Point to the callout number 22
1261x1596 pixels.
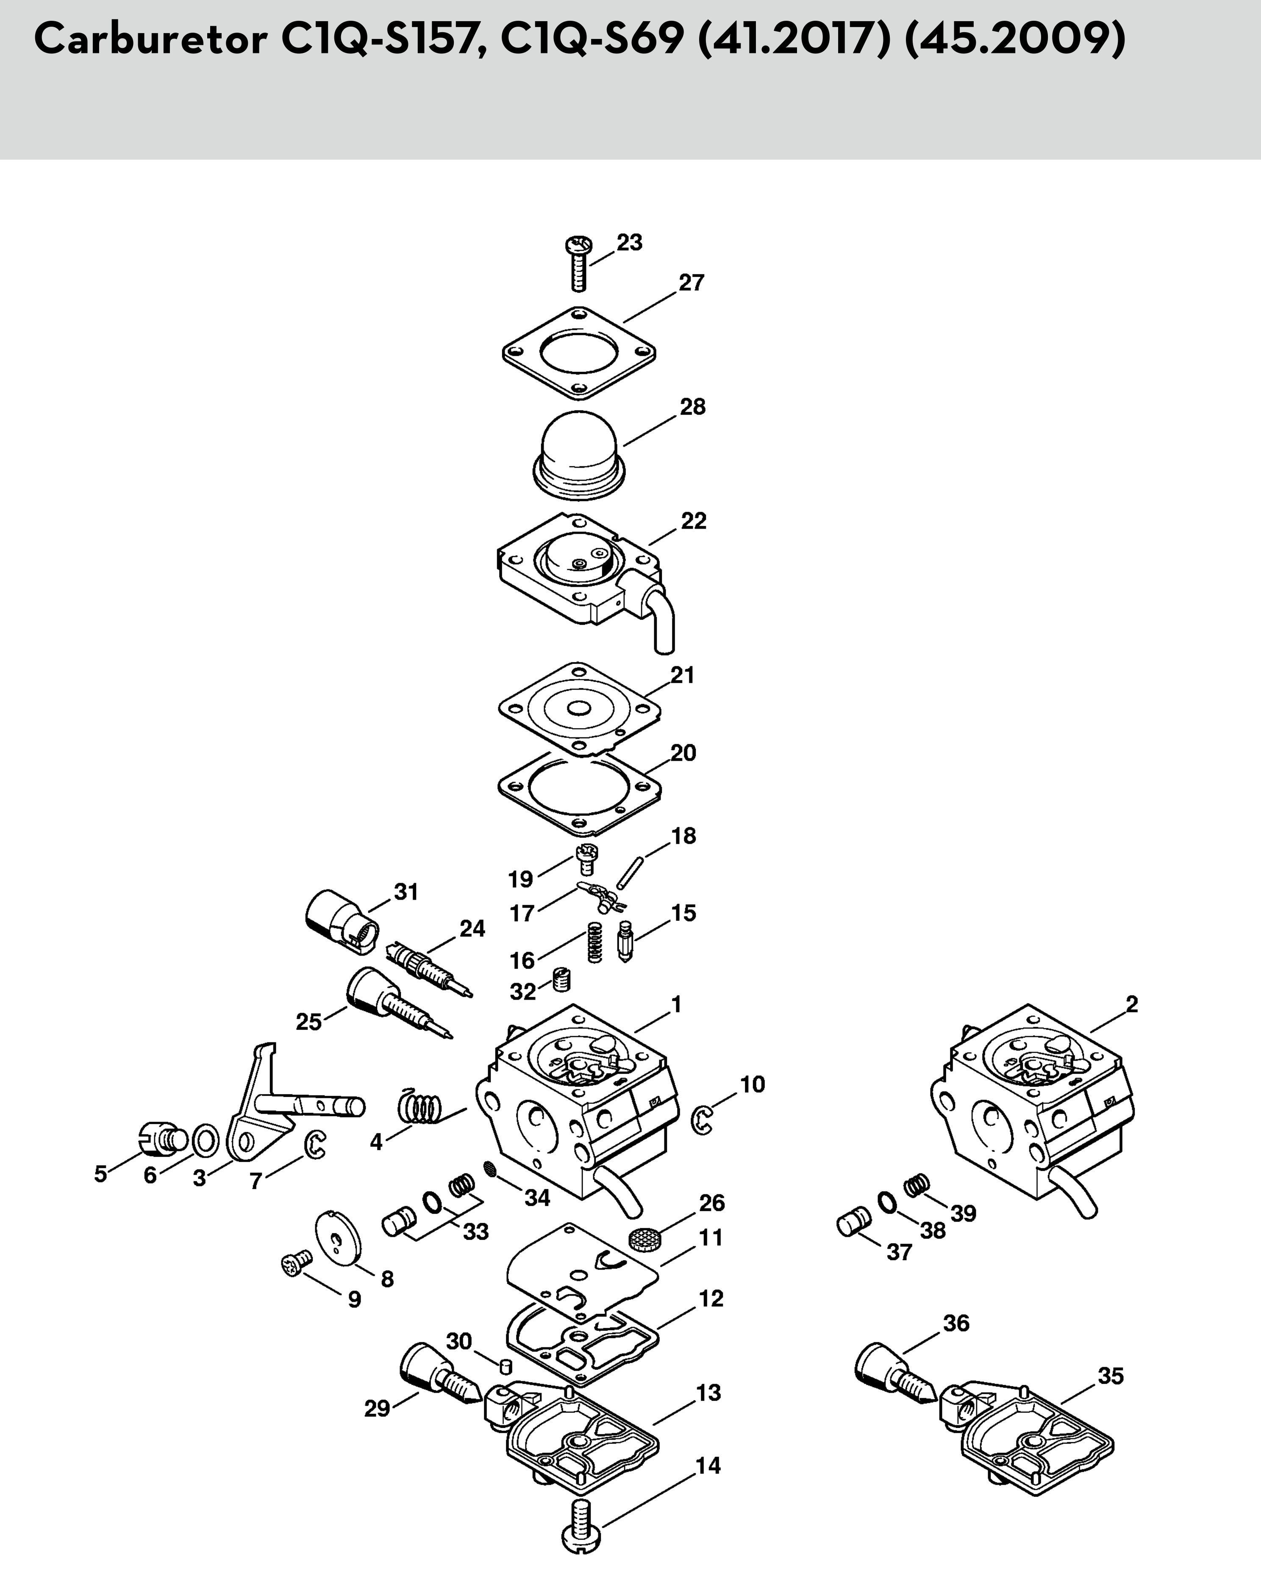tap(693, 521)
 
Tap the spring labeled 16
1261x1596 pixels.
tap(595, 942)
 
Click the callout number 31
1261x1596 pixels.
tap(406, 892)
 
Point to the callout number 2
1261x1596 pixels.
tap(1132, 1004)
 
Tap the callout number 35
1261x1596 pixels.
tap(1111, 1376)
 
